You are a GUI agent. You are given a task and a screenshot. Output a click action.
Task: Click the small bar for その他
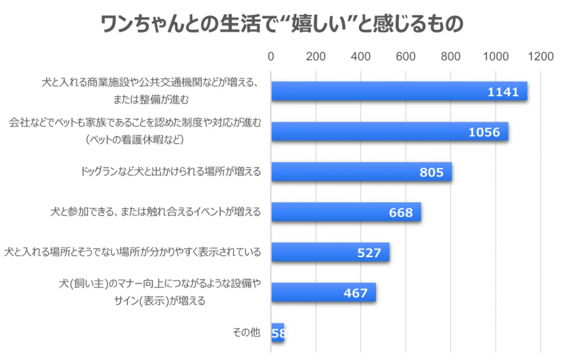[x=277, y=333]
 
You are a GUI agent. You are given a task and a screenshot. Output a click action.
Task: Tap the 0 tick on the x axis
[x=271, y=58]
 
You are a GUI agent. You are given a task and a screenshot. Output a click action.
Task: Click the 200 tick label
[x=316, y=58]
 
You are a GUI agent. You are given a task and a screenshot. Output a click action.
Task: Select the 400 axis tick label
[x=361, y=58]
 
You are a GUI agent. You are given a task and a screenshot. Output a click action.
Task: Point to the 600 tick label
[x=406, y=58]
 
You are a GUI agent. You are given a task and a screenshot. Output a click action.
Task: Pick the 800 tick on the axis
[x=451, y=58]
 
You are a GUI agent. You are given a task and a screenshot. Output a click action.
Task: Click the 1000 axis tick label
[x=496, y=58]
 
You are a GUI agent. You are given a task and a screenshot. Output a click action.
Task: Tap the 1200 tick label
[x=541, y=58]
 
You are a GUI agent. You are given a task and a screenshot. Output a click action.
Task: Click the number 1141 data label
[x=502, y=91]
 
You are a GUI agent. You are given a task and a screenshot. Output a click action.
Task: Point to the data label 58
[x=278, y=334]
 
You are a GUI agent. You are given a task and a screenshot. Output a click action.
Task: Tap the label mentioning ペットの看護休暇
[x=135, y=139]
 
